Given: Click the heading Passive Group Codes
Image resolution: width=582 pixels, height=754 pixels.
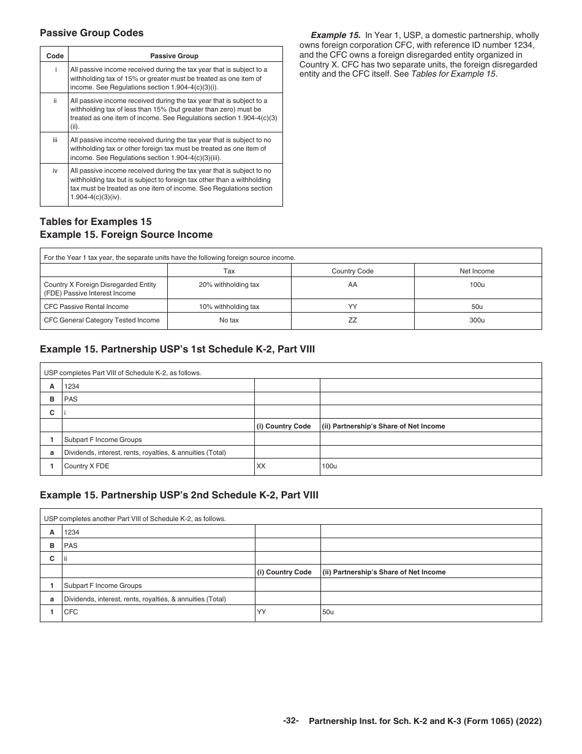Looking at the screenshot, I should point(91,33).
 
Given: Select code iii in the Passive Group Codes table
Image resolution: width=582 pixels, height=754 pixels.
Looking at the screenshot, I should point(55,140).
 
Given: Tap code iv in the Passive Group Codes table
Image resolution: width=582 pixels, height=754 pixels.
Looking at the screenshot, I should point(55,171).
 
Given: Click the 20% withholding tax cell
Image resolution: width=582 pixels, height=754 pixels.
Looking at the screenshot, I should point(229,284).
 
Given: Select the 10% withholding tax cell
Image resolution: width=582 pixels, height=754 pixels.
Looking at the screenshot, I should point(229,307).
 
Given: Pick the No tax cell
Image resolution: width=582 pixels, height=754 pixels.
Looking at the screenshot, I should point(229,320).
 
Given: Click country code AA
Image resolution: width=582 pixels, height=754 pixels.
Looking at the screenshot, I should point(352,284).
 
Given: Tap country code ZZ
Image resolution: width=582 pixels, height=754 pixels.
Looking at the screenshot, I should point(352,320).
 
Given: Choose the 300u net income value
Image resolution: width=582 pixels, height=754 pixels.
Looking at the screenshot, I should point(477,320).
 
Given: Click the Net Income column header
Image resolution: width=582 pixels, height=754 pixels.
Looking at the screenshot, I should point(477,271).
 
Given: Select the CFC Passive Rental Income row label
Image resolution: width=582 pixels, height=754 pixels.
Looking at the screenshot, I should point(86,307).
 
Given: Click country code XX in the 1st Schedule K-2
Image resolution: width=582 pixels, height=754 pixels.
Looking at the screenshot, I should point(261,466).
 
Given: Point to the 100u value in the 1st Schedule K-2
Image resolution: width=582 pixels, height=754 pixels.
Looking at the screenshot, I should point(330,466).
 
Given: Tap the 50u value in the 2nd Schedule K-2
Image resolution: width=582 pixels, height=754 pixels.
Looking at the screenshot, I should point(328,612).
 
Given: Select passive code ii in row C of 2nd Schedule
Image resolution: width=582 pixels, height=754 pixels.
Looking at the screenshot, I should point(66,558).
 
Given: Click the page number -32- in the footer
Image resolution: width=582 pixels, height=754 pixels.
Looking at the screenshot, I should point(290,721).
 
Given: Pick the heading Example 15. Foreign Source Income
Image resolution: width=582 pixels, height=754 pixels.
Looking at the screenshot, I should point(126,235).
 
